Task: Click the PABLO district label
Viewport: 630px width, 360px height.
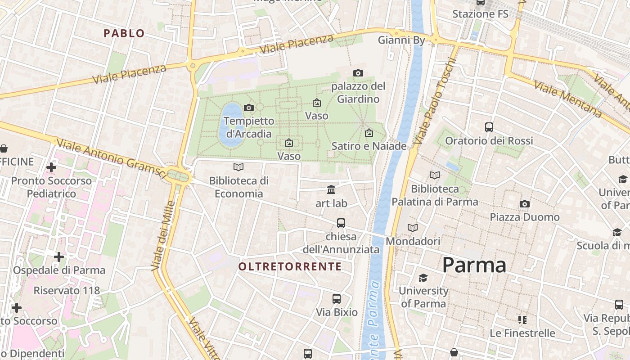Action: (124, 33)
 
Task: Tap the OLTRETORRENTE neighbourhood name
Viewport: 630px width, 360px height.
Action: (290, 266)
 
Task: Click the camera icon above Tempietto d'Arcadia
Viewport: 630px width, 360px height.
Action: (248, 108)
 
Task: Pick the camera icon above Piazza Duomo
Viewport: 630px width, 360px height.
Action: (524, 204)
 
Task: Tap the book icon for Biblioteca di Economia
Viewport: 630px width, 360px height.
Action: (238, 167)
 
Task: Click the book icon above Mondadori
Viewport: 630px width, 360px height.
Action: (413, 228)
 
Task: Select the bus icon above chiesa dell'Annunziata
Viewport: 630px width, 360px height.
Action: (341, 223)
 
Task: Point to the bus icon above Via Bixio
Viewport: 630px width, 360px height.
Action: (336, 299)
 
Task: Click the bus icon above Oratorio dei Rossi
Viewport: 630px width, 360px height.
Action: (489, 127)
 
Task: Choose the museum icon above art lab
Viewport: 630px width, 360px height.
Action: (332, 189)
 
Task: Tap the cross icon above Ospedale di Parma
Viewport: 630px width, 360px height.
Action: (59, 257)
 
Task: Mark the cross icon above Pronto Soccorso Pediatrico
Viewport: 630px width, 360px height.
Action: (51, 167)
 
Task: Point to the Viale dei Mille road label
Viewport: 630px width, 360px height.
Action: (163, 236)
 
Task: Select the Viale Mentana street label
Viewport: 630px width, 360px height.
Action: (568, 99)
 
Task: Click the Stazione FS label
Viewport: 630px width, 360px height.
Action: (480, 14)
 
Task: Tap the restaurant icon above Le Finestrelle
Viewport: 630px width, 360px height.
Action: (522, 320)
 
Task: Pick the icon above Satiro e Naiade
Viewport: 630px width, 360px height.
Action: (369, 133)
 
